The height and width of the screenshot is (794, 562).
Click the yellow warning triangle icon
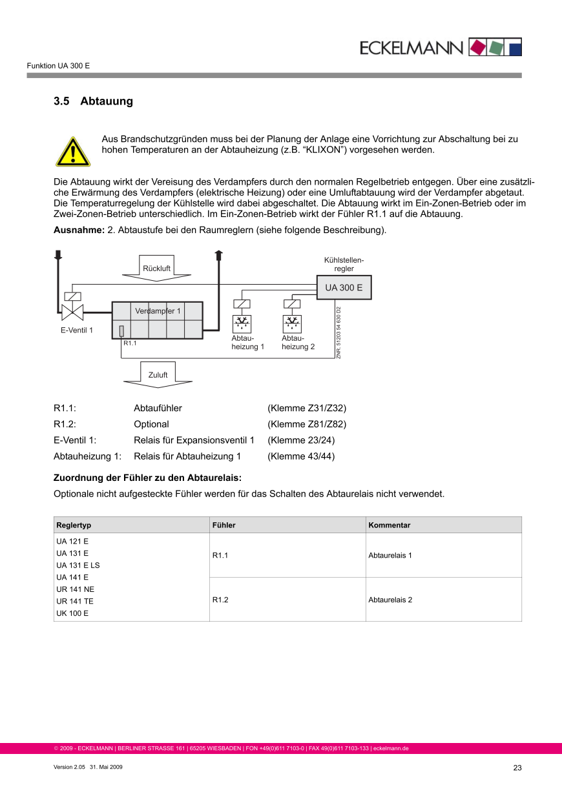[72, 152]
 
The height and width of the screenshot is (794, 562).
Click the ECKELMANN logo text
[411, 48]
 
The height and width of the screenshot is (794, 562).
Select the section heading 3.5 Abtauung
[93, 101]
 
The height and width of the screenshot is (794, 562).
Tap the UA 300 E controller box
[344, 287]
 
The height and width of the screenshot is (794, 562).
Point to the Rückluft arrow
[157, 268]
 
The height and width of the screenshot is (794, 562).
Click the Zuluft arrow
[158, 375]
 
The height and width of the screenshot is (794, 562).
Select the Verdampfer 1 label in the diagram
[158, 311]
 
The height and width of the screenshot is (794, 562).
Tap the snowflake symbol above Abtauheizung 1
[242, 323]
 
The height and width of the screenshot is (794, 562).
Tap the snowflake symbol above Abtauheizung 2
[292, 323]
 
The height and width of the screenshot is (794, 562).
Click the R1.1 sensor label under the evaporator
[130, 343]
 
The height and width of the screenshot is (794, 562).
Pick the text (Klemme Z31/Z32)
[307, 408]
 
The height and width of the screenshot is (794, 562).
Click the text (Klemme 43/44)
[301, 456]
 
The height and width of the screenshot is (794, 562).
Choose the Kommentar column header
[389, 525]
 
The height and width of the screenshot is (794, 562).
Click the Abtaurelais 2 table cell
[390, 600]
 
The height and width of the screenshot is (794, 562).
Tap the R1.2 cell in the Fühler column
[220, 600]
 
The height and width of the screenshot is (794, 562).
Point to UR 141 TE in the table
[75, 601]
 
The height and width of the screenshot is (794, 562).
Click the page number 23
[517, 768]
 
